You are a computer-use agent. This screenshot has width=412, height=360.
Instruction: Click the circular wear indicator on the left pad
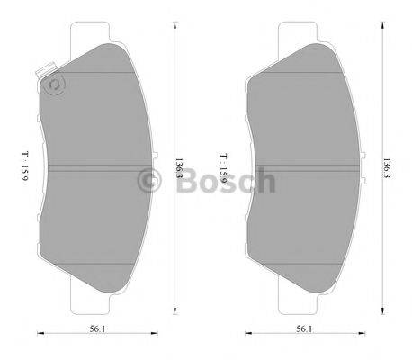pos(54,85)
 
